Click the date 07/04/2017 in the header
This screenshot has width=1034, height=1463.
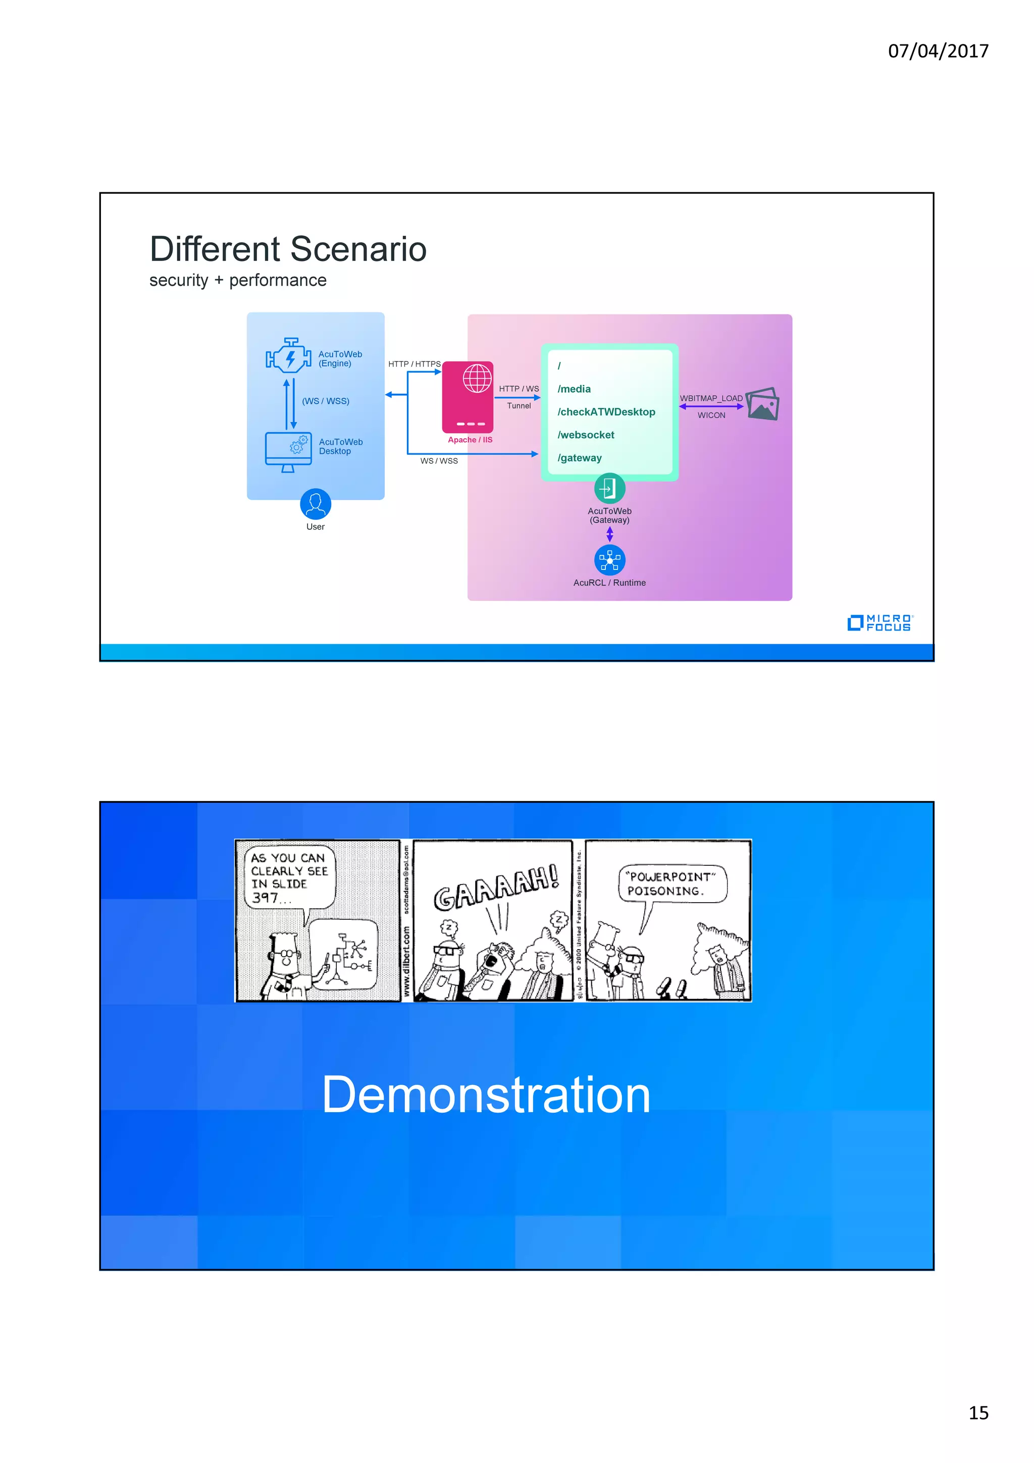(938, 51)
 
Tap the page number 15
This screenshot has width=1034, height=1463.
(978, 1412)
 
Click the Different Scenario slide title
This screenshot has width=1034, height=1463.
(288, 249)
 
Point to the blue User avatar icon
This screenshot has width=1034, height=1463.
(316, 504)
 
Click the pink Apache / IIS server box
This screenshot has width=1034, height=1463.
(468, 397)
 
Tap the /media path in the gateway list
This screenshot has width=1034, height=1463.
(574, 389)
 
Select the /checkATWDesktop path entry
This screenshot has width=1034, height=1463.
(606, 411)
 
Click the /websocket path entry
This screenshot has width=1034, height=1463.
(586, 435)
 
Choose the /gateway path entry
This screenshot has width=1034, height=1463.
(579, 457)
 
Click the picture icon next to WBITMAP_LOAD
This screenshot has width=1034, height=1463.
(762, 403)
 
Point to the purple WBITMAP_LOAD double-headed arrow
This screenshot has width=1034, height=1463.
(711, 406)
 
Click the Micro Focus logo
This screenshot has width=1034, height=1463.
(880, 622)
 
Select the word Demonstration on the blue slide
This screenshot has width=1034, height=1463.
(486, 1094)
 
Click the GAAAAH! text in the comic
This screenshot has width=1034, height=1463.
(496, 886)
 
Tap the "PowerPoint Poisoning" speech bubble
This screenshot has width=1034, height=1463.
(671, 884)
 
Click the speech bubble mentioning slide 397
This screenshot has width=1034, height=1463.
(289, 877)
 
